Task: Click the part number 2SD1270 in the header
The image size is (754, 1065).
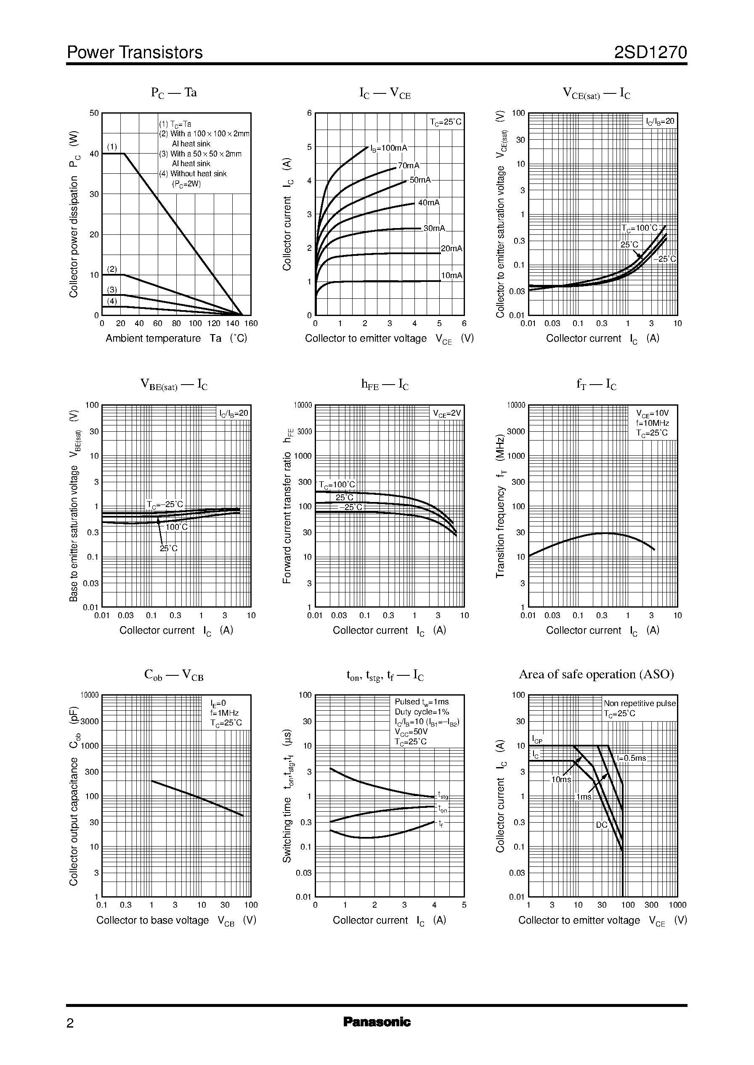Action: point(650,53)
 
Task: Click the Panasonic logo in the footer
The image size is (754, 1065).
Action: point(377,1022)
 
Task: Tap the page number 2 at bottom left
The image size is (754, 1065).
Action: point(70,1023)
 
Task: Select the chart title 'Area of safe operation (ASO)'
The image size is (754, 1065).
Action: point(596,674)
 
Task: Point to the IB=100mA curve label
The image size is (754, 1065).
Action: point(389,148)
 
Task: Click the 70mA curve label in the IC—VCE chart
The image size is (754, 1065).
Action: point(409,166)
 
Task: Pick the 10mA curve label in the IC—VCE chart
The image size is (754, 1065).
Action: point(451,275)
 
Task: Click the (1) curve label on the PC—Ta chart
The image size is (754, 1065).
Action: point(112,147)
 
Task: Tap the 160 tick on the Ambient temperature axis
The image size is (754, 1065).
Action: point(251,324)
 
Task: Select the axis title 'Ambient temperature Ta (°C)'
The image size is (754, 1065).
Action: point(176,338)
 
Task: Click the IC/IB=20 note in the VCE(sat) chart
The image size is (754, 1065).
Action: point(660,122)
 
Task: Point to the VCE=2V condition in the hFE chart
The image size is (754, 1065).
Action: point(447,414)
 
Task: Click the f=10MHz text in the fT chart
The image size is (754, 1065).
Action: point(652,423)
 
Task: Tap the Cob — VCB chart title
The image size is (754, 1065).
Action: point(174,675)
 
